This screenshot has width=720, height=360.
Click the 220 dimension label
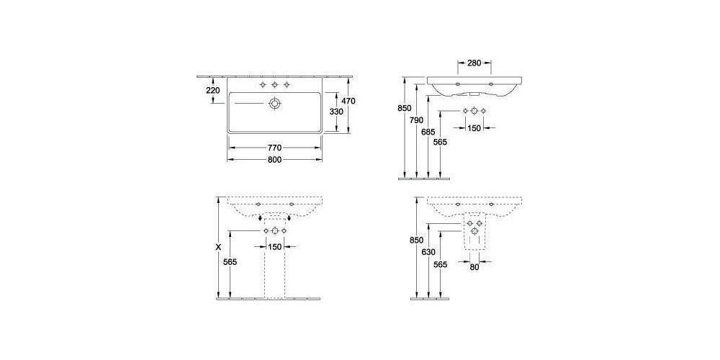212,90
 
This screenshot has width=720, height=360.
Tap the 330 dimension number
336,112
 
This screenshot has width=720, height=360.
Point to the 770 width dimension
274,148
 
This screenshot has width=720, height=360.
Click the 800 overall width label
274,160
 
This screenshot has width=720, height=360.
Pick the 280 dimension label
474,63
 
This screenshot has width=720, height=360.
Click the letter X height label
218,246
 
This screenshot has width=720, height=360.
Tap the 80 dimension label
474,268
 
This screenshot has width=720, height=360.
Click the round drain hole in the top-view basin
274,104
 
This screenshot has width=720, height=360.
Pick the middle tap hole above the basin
274,85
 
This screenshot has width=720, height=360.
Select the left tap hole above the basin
261,85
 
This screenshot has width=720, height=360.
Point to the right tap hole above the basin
287,85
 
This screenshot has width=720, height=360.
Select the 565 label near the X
230,262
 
